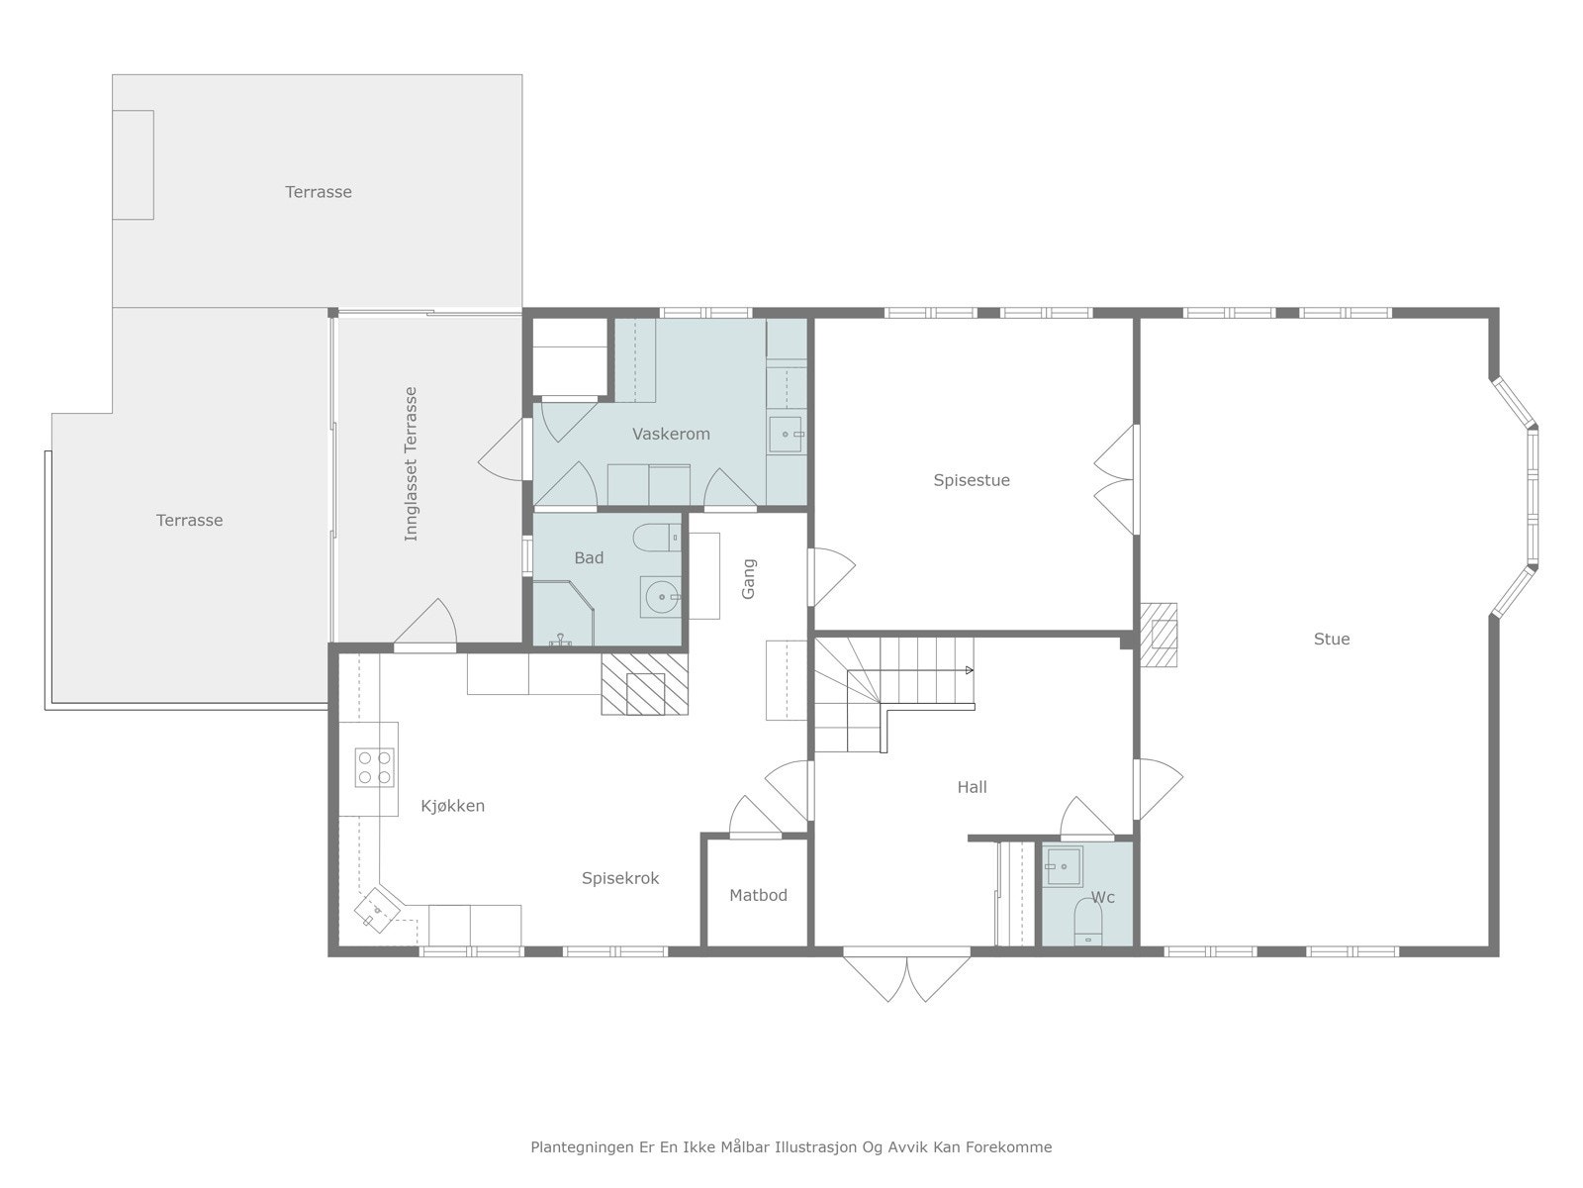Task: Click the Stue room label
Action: (1332, 639)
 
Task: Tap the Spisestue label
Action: (972, 480)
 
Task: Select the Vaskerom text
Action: (671, 434)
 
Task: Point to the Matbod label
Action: (758, 895)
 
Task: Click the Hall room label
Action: (972, 787)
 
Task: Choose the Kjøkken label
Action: (452, 806)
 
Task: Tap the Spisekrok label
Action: (620, 878)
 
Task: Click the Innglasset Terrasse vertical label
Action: (411, 463)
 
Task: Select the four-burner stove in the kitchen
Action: (374, 767)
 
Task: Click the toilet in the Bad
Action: (656, 538)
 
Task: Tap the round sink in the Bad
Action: (661, 597)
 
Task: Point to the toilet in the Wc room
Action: (1087, 921)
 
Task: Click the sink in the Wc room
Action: (1063, 866)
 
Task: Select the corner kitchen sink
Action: (377, 910)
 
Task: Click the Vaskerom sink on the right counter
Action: (786, 435)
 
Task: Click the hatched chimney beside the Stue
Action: (1159, 635)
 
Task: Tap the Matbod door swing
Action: (755, 818)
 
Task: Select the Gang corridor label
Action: (748, 578)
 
